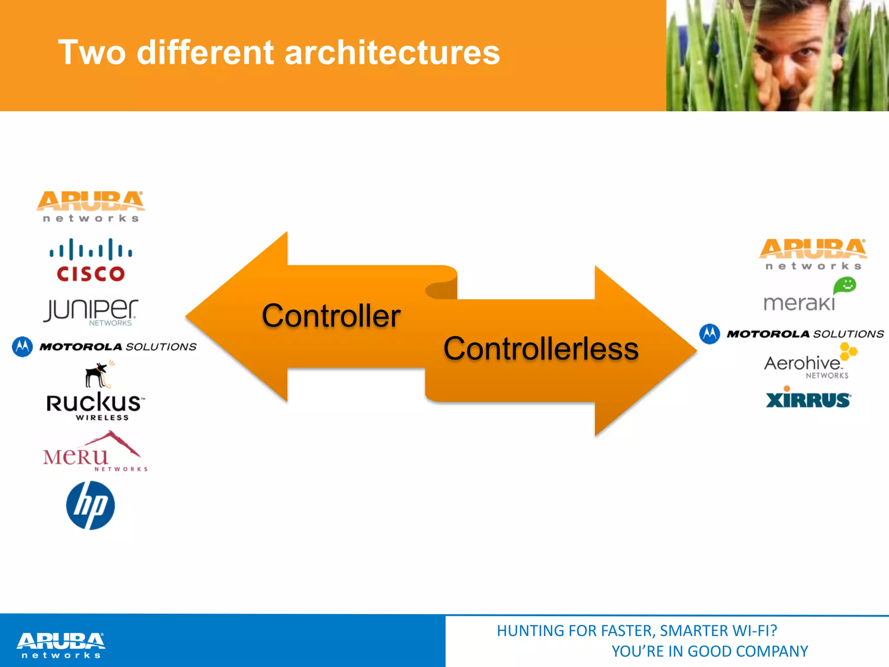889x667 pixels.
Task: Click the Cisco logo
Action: [x=91, y=261]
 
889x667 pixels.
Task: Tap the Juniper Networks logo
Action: [x=91, y=311]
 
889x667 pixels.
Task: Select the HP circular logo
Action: [x=90, y=505]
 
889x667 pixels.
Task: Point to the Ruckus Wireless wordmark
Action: [x=94, y=404]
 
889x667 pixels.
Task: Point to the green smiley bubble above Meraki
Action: [x=845, y=286]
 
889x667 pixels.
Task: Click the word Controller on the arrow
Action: [x=331, y=316]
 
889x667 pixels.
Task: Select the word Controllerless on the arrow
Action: [x=540, y=349]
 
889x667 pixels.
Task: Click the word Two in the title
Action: [x=92, y=53]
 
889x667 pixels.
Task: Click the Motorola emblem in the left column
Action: [x=23, y=347]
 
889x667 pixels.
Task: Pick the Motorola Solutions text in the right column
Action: [x=805, y=334]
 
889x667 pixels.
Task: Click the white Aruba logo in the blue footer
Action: [x=61, y=645]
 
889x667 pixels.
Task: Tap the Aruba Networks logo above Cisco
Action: [x=90, y=206]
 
